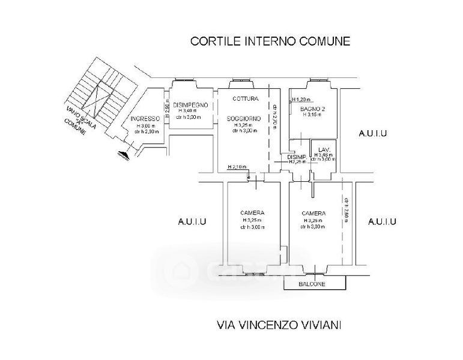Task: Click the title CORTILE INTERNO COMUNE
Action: pos(270,41)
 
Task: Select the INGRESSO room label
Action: pos(145,119)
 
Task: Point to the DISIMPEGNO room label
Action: pos(190,105)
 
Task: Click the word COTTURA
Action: pos(245,99)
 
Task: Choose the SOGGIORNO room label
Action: pos(244,119)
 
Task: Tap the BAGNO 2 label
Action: pos(312,108)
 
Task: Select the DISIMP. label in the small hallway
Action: pos(297,156)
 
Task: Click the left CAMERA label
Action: pos(252,213)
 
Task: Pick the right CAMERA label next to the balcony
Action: pos(313,213)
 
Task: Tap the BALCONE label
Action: pos(312,284)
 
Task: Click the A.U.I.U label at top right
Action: pos(372,133)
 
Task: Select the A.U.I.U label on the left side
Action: pos(192,222)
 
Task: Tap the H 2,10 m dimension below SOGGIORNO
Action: pos(237,167)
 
